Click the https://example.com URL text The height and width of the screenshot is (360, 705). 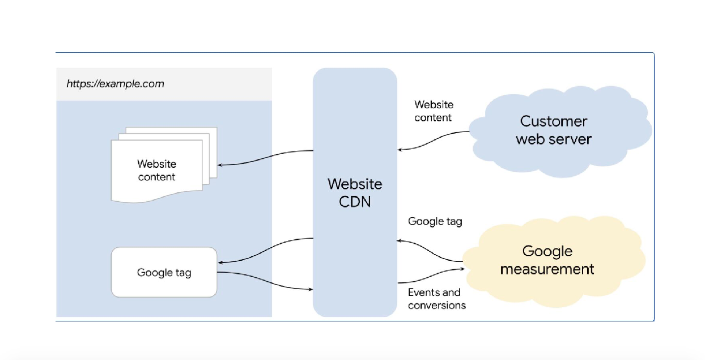click(x=115, y=84)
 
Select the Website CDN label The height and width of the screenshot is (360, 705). click(x=355, y=192)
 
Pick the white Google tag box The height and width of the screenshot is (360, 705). click(x=164, y=272)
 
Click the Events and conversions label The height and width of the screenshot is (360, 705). click(x=436, y=299)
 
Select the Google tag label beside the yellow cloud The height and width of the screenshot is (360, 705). click(x=435, y=222)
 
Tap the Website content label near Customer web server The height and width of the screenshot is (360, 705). click(x=434, y=111)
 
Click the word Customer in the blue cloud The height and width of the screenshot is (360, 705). click(x=553, y=121)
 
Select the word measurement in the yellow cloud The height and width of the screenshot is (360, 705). click(x=547, y=269)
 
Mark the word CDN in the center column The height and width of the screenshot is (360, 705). click(x=355, y=201)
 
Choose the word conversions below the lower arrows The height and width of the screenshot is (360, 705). click(x=436, y=305)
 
